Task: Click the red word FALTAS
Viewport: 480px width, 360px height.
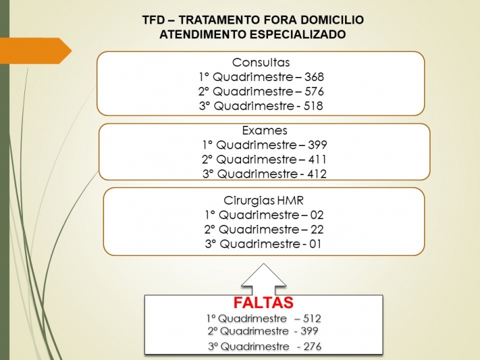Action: click(263, 303)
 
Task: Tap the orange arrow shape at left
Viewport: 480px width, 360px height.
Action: click(35, 51)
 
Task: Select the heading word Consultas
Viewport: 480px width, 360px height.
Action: click(261, 63)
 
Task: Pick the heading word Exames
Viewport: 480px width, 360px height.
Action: click(265, 130)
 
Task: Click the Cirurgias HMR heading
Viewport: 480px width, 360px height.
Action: click(263, 201)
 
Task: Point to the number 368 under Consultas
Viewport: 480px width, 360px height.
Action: click(314, 77)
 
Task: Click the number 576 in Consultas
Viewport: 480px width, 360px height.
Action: click(314, 91)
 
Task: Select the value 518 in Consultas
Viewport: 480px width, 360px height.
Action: click(313, 106)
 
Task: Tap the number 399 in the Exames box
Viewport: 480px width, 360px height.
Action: click(317, 145)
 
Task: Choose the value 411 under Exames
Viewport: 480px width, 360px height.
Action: click(317, 159)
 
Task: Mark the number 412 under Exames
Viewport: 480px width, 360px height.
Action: click(317, 174)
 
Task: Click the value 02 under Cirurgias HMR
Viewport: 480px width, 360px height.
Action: click(317, 215)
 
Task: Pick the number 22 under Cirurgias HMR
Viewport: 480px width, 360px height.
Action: click(317, 230)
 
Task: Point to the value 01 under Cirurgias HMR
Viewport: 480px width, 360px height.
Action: click(315, 244)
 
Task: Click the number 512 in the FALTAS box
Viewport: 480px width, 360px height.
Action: click(312, 319)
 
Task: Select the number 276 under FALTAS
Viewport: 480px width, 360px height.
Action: click(312, 347)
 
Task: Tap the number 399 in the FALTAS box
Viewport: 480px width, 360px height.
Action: click(309, 331)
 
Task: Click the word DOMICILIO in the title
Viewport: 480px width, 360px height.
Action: click(332, 20)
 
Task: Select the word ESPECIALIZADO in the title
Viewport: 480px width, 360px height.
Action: click(298, 34)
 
